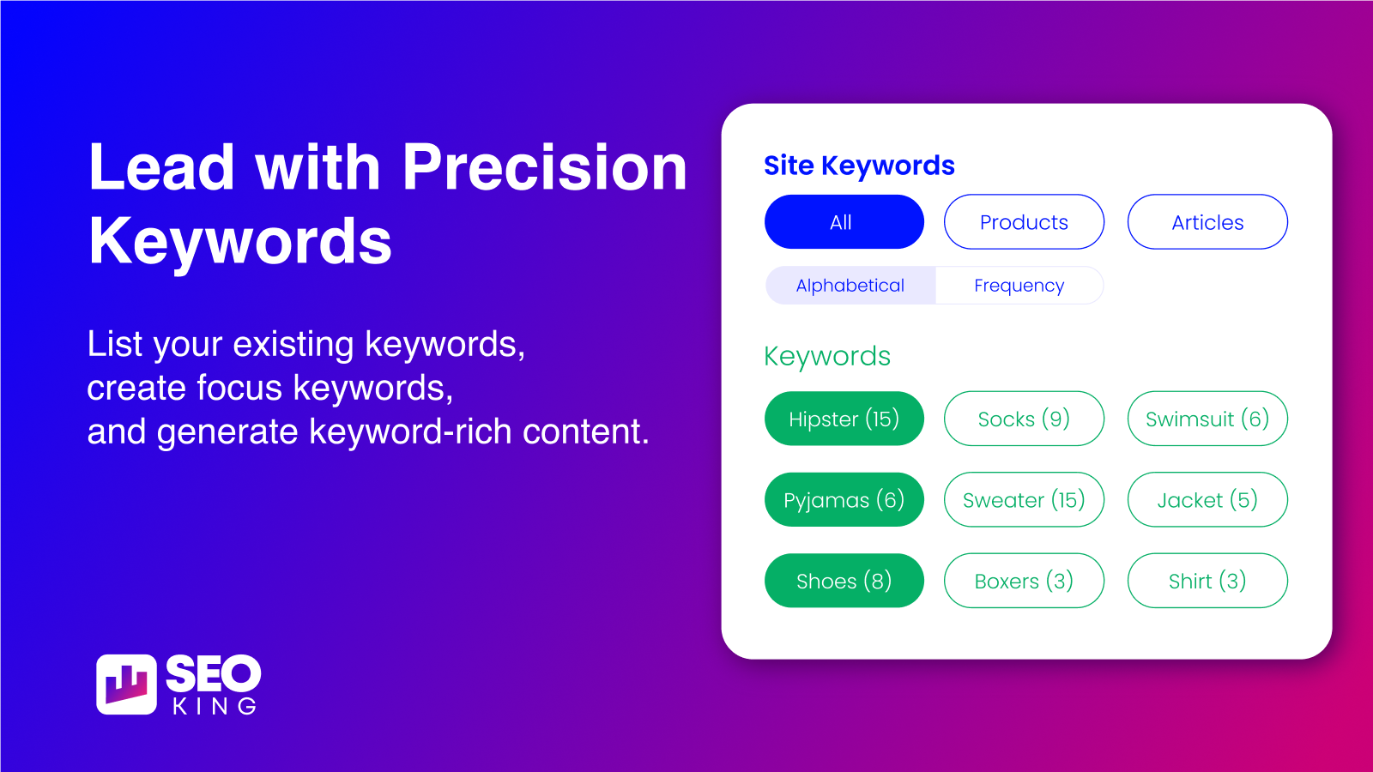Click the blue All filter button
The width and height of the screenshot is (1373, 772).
(x=844, y=222)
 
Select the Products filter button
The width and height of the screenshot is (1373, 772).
(x=1024, y=222)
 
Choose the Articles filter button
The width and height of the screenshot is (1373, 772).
(x=1207, y=222)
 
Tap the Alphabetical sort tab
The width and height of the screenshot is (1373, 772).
(x=850, y=286)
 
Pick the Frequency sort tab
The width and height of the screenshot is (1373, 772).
(x=1019, y=286)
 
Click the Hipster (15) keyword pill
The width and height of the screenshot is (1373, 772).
(x=844, y=419)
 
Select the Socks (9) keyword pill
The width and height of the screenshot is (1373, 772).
(x=1024, y=419)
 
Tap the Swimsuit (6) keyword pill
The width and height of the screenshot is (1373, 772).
(x=1207, y=419)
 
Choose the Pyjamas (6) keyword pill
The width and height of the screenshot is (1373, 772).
(x=844, y=500)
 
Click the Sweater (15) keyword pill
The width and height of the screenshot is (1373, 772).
(x=1024, y=500)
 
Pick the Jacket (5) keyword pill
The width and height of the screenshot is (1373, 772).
(x=1207, y=500)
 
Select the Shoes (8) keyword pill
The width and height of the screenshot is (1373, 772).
(x=844, y=581)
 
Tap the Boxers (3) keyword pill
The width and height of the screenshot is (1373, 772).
(x=1024, y=581)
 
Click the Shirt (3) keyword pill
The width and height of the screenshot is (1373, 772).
(x=1207, y=581)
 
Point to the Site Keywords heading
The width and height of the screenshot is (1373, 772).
(x=859, y=166)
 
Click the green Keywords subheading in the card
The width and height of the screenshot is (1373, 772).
(x=827, y=356)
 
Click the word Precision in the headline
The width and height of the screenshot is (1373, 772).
(x=544, y=167)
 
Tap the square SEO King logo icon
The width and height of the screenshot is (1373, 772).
(x=126, y=685)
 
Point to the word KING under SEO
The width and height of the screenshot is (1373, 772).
(x=215, y=706)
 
